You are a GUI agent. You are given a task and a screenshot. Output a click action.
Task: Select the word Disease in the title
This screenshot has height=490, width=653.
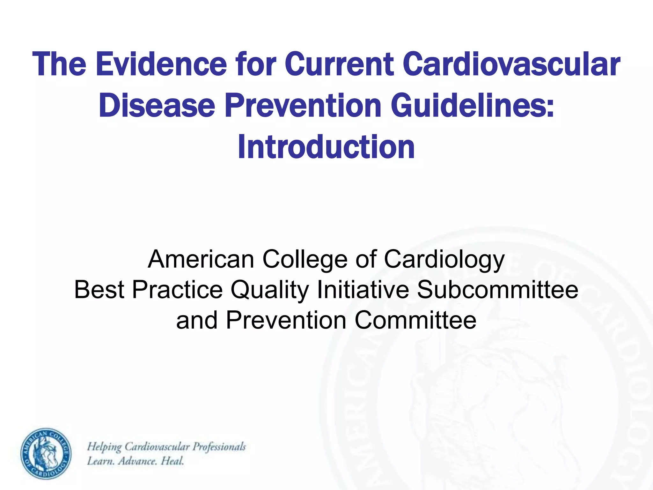157,105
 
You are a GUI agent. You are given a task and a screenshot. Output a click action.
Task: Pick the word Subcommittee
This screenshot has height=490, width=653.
497,290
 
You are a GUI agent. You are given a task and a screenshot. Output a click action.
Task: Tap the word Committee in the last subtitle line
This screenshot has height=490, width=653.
415,320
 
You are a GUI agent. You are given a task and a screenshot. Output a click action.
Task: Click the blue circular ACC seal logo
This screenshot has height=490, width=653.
46,453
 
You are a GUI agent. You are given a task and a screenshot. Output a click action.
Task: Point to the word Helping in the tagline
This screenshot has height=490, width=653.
104,447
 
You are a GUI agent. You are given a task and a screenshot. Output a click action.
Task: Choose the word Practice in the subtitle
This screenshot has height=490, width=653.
177,290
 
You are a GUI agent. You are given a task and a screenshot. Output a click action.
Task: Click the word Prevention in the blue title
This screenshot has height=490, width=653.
303,105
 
